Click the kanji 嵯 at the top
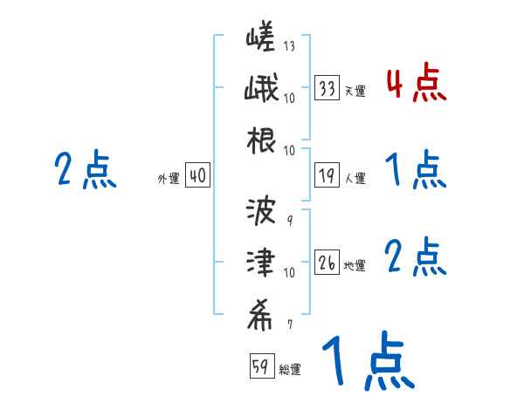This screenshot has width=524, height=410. [261, 38]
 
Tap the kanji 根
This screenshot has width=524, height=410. [261, 140]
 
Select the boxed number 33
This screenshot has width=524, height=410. [327, 88]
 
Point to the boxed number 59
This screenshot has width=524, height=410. [260, 367]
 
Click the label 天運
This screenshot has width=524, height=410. [355, 91]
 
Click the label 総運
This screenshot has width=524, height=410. [289, 370]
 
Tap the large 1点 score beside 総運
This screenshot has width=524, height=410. [366, 360]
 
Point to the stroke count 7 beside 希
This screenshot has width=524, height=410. [289, 325]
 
